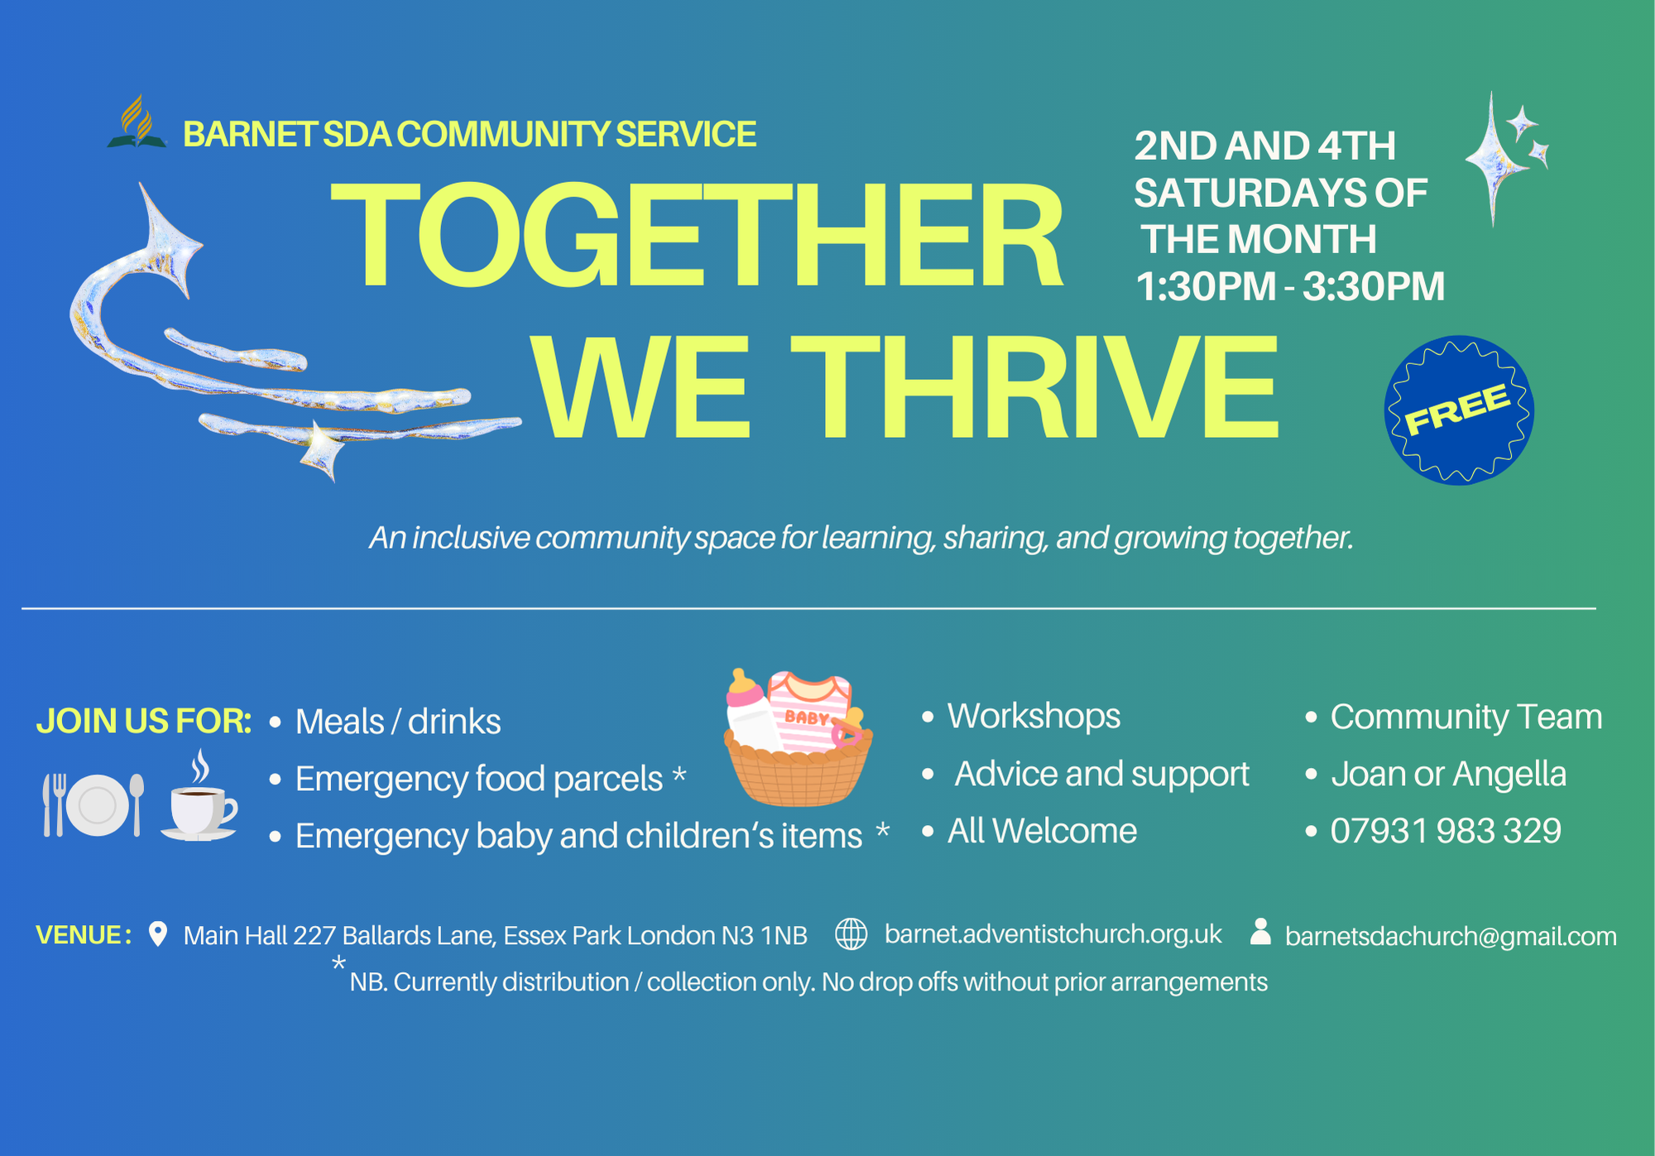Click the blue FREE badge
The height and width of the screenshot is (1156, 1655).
(x=1459, y=410)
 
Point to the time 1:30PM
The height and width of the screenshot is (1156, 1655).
(x=1206, y=287)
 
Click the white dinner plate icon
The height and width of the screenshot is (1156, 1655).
(x=98, y=805)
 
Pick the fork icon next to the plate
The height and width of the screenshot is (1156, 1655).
(x=54, y=805)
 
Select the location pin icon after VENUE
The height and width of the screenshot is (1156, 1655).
(x=157, y=934)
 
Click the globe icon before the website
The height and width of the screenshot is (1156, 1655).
(x=851, y=934)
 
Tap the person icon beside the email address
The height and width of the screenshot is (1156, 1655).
(x=1260, y=931)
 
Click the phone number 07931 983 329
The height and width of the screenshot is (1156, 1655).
(x=1445, y=831)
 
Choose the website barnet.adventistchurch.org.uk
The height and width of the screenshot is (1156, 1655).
(x=1053, y=934)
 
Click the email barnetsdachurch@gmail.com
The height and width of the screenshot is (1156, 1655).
(x=1451, y=936)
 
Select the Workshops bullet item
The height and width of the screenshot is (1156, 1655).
(x=1033, y=716)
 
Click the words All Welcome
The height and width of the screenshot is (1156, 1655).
(x=1042, y=831)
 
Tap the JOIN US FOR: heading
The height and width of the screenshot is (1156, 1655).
(x=144, y=722)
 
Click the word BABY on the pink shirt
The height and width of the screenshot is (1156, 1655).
(x=807, y=717)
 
